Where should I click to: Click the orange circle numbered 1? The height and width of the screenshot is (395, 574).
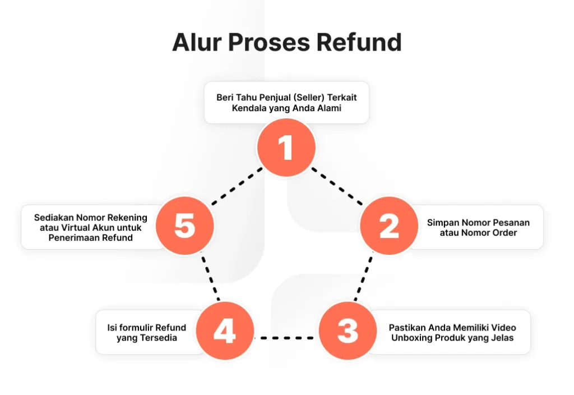(286, 148)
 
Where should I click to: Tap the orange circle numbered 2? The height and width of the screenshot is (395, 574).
(388, 226)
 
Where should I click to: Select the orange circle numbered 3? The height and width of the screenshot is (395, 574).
(348, 331)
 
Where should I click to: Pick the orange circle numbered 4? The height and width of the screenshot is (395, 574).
(225, 331)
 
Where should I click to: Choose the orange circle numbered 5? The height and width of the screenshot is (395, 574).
(184, 226)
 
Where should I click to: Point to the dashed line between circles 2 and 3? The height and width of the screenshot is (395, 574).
(363, 279)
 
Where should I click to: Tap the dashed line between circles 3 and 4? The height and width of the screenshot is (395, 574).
(286, 338)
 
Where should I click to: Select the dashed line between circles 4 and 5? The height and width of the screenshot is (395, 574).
(210, 279)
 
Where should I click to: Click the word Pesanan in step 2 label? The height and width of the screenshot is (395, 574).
(511, 222)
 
